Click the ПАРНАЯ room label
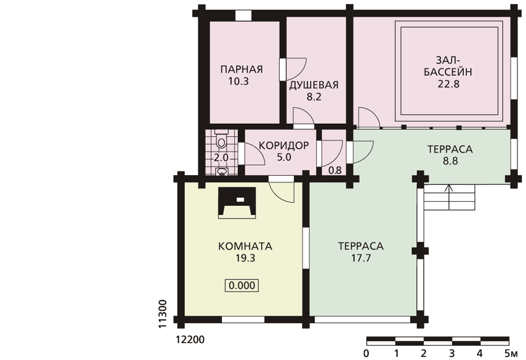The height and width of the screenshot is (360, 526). click(x=241, y=69)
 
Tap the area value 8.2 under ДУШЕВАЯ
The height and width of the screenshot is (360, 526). click(x=314, y=97)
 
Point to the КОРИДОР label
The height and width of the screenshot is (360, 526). click(x=284, y=146)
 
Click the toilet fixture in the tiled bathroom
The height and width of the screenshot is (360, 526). click(x=221, y=139)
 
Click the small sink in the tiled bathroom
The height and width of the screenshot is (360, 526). click(x=221, y=172)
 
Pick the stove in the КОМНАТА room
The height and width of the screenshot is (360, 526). click(x=237, y=203)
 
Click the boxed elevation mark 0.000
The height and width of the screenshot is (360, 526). click(x=242, y=285)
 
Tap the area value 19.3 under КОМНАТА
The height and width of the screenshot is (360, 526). click(x=245, y=258)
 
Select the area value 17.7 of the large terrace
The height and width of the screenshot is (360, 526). click(x=361, y=258)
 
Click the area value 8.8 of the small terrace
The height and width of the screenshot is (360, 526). click(x=450, y=161)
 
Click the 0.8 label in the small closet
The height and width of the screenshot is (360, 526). click(x=335, y=171)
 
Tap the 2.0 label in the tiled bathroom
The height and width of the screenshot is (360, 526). click(x=221, y=157)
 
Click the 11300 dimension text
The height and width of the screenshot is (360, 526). click(x=163, y=314)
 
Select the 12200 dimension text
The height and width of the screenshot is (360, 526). click(x=190, y=340)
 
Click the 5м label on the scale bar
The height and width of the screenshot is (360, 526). click(x=511, y=353)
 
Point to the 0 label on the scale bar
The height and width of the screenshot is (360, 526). click(x=366, y=353)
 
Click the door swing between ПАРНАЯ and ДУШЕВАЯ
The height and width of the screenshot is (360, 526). click(x=293, y=69)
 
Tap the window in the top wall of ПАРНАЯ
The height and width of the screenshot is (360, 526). click(x=243, y=16)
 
